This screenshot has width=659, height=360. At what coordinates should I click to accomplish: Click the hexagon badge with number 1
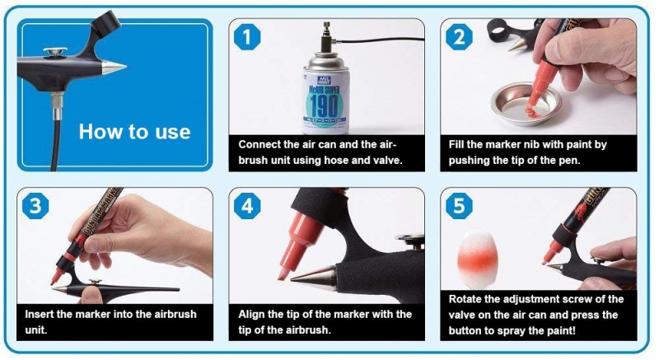(247, 36)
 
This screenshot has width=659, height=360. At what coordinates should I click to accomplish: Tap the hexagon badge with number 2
(459, 36)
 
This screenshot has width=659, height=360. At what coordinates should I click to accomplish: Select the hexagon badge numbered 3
(35, 206)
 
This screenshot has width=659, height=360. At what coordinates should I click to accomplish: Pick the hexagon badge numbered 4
(247, 206)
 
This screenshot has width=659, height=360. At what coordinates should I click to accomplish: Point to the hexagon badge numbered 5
(459, 206)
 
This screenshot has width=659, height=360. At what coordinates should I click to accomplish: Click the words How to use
(134, 132)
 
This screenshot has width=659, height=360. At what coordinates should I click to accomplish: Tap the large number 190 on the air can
(324, 105)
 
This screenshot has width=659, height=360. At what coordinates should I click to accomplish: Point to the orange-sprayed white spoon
(478, 255)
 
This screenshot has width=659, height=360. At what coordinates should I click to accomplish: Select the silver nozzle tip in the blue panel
(114, 68)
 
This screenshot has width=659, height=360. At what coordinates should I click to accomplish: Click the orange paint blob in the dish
(531, 111)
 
